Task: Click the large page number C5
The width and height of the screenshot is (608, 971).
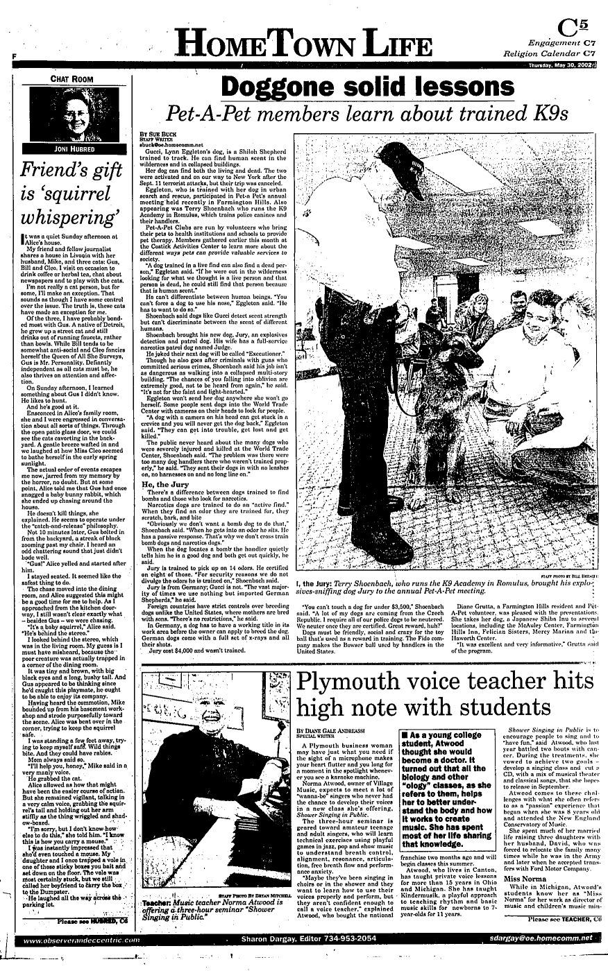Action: point(575,28)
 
